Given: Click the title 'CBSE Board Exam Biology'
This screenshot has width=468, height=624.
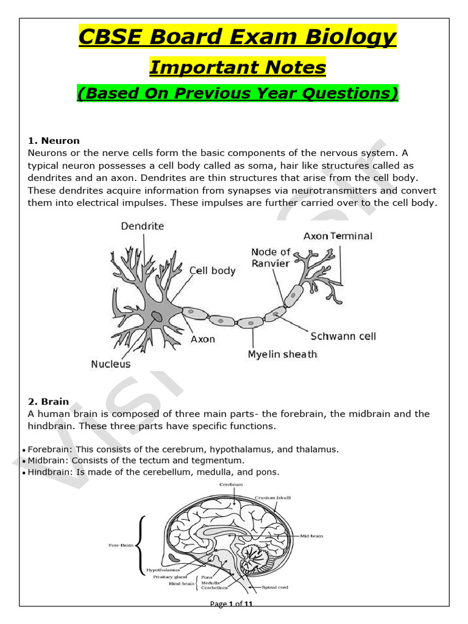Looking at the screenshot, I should coord(237,38).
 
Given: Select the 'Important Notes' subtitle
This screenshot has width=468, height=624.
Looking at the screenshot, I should coord(237,67).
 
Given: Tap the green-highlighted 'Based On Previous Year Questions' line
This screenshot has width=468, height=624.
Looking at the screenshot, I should coord(237,93).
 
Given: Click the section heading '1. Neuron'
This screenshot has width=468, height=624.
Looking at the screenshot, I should coord(54,141).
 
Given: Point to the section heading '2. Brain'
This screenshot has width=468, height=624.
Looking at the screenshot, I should coord(48,402).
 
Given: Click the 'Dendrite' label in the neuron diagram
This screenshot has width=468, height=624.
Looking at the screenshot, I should coord(143,226).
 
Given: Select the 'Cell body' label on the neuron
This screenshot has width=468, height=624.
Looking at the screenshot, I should coord(212,271).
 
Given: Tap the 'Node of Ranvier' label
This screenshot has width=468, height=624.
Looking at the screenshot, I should coord(271,258).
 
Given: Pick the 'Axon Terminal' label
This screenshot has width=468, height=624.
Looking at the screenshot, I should coord(338,236).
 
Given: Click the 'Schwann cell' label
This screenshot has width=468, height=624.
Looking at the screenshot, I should coord(343,336).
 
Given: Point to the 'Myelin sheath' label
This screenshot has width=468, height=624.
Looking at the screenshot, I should coord(282,354).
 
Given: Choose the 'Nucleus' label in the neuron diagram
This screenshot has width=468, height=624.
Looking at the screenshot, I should coord(110,364).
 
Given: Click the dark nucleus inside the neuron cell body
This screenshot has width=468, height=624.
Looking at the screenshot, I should coord(157,316).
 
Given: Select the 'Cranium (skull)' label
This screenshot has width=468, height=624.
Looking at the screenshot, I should coord(275,497).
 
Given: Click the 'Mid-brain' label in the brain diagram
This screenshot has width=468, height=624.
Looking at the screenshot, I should coord(311,536).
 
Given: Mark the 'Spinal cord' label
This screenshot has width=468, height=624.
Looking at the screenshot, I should coord(275,587).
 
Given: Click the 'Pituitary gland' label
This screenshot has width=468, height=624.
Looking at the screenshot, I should coord(171,576).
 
